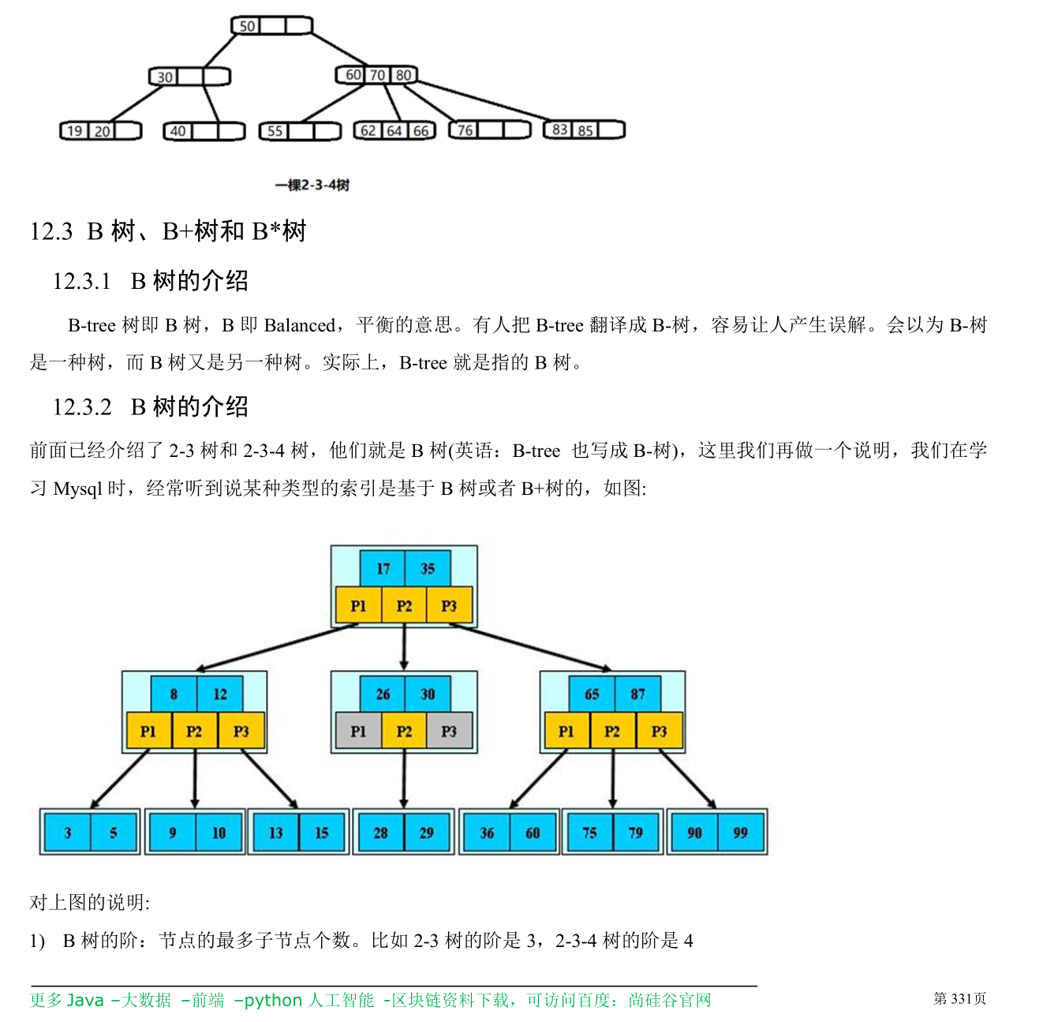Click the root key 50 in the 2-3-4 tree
point(247,26)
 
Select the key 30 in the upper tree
point(165,77)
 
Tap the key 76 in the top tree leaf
point(465,130)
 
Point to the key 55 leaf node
point(275,131)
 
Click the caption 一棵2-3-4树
point(312,185)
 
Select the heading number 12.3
point(51,232)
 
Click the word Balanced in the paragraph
point(300,325)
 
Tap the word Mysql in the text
point(78,489)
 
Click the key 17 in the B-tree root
point(383,568)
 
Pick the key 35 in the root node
point(428,568)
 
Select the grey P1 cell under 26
point(358,732)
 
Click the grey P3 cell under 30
point(449,732)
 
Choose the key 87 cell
point(637,694)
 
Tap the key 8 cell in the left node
point(174,694)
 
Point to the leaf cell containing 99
point(740,833)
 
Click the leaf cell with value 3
point(68,833)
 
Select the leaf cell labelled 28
point(380,833)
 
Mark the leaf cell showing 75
point(589,833)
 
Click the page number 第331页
point(959,999)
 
